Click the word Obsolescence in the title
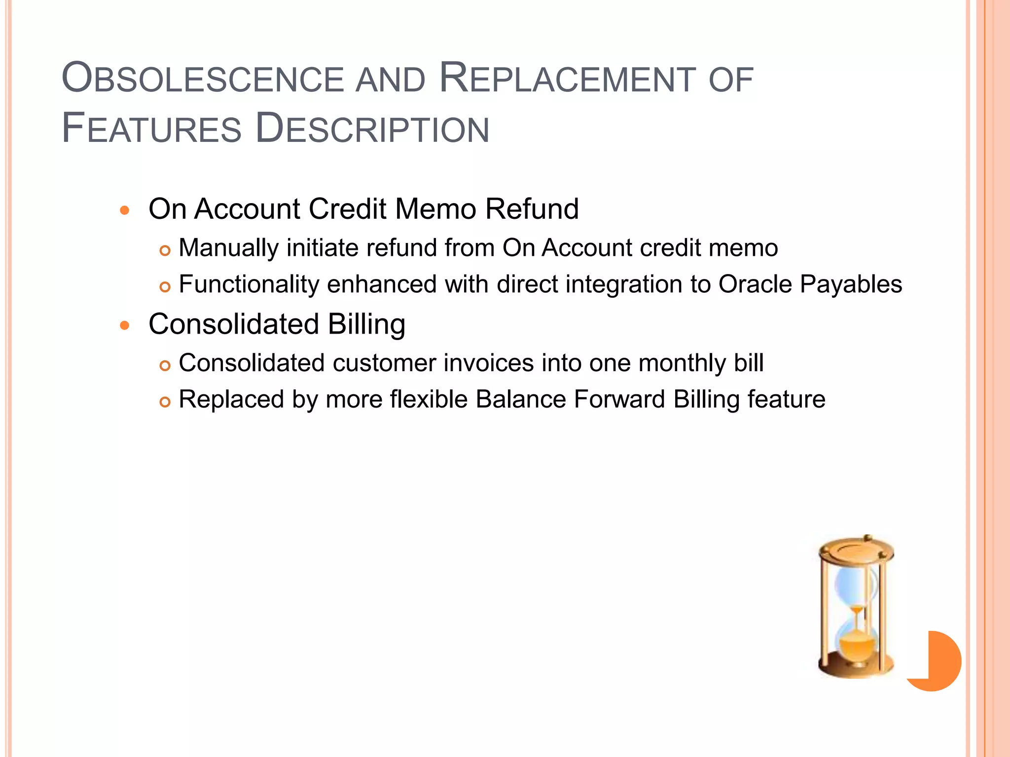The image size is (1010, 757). click(203, 79)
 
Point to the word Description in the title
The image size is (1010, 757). click(372, 129)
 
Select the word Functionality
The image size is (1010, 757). click(249, 284)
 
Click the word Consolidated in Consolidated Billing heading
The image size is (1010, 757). click(234, 324)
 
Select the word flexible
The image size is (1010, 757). click(429, 399)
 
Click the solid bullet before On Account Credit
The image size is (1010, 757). click(124, 211)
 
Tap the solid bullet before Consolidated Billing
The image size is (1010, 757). click(124, 326)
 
